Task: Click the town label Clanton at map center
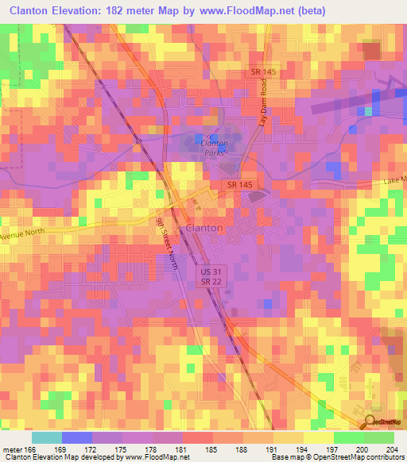(x=203, y=227)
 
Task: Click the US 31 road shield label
(x=206, y=271)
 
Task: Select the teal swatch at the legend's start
(x=46, y=437)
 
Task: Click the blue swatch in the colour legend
(x=76, y=437)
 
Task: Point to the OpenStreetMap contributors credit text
(x=358, y=457)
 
